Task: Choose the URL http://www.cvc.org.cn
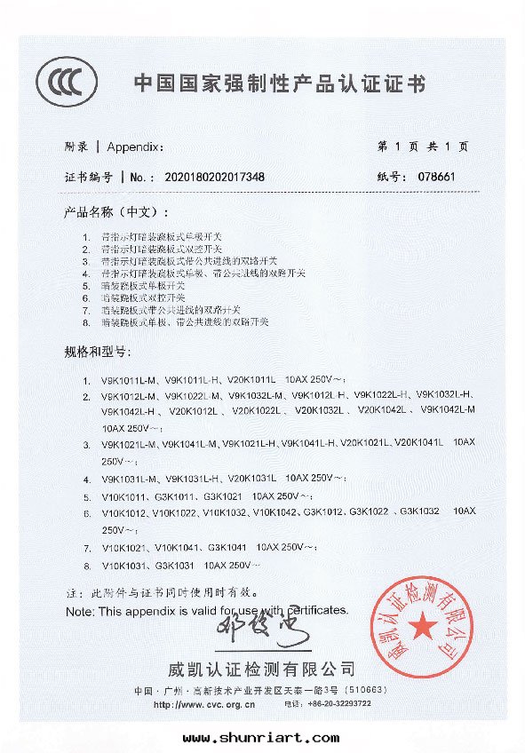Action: click(205, 703)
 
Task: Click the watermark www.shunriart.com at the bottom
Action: click(261, 737)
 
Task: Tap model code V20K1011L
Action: click(253, 379)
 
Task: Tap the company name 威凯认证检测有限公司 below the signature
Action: click(261, 669)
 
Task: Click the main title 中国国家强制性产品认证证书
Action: click(279, 85)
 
